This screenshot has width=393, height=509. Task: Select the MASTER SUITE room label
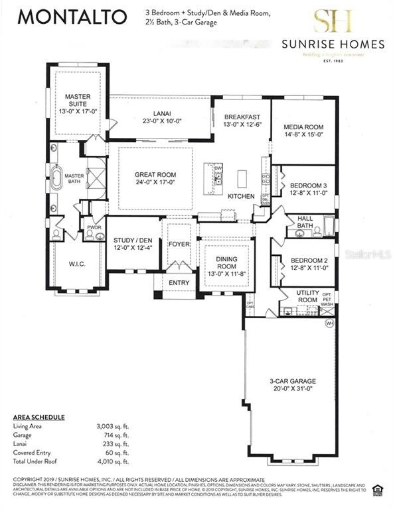[x=78, y=100]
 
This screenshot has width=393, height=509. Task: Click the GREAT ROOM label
[x=156, y=176]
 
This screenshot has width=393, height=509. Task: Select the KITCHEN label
[x=240, y=197]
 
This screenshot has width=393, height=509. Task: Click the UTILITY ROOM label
[x=307, y=296]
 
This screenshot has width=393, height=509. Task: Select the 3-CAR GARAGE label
[x=293, y=381]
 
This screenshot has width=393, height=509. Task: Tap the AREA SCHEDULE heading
[x=39, y=417]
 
